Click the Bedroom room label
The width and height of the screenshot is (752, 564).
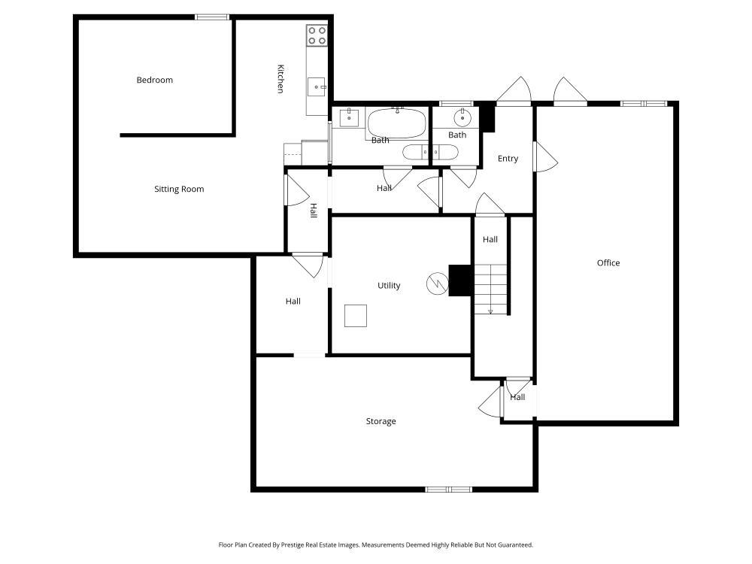tap(154, 80)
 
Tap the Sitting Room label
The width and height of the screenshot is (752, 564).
tap(179, 190)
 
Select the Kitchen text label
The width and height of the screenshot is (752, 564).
tap(280, 79)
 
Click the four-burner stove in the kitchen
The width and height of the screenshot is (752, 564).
tap(317, 35)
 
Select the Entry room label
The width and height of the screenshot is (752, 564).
tap(508, 159)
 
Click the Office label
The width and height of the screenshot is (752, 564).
tap(608, 263)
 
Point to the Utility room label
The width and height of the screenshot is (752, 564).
tap(389, 286)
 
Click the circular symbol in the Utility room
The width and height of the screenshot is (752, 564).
tap(436, 283)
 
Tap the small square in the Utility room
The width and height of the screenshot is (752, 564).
tap(356, 316)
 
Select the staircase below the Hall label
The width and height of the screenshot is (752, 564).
tap(491, 290)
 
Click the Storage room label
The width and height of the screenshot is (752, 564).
tap(381, 422)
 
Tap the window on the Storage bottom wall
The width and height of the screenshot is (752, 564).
tap(448, 490)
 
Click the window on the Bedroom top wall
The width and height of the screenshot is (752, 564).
tap(212, 17)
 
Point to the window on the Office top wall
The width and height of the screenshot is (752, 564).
tap(644, 103)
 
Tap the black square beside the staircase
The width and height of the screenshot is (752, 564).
tap(460, 280)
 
